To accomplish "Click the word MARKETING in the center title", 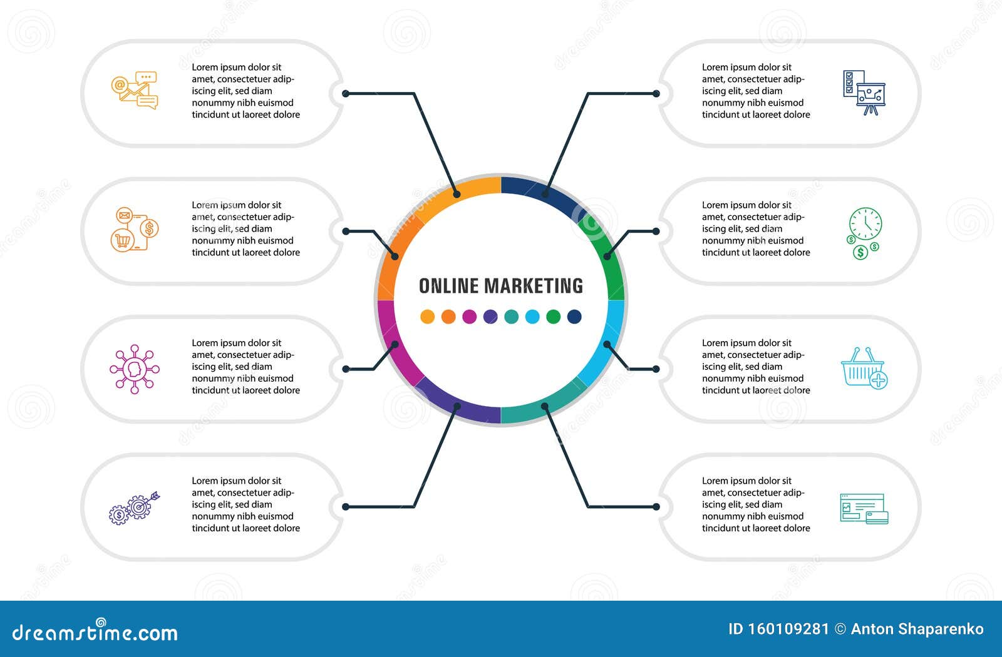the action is pyautogui.click(x=534, y=286).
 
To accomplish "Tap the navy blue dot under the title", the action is pyautogui.click(x=574, y=317).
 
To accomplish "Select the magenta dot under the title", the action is pyautogui.click(x=469, y=317).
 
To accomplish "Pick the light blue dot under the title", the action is pyautogui.click(x=532, y=317).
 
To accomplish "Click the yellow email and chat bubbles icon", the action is pyautogui.click(x=135, y=90).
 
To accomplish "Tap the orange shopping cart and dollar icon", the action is pyautogui.click(x=135, y=229).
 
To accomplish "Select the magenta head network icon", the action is pyautogui.click(x=135, y=369).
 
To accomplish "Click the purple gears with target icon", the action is pyautogui.click(x=135, y=509).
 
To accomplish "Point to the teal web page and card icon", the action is pyautogui.click(x=864, y=509).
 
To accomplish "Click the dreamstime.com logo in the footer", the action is pyautogui.click(x=95, y=631).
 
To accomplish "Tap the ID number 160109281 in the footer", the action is pyautogui.click(x=779, y=629).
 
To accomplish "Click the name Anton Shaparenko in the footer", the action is pyautogui.click(x=917, y=629).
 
